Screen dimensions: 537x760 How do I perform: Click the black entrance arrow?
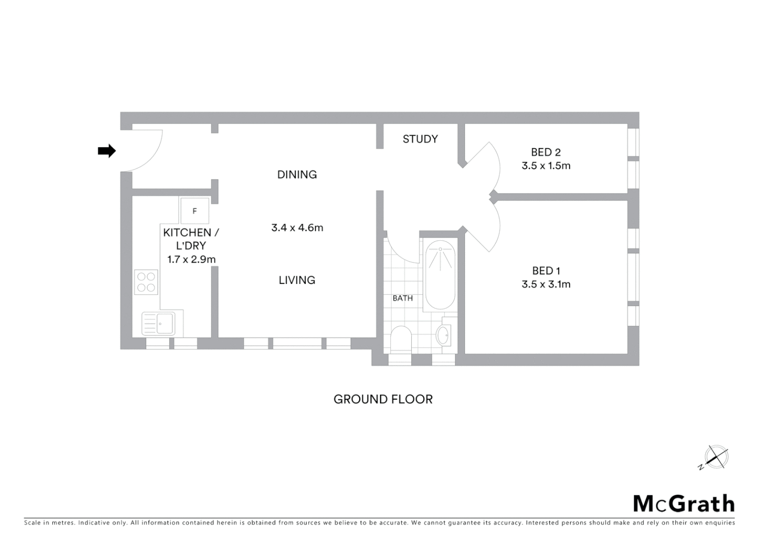106,151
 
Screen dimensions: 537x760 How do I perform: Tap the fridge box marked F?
194,211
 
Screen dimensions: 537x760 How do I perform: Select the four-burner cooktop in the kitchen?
146,282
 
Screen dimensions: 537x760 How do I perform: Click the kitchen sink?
158,323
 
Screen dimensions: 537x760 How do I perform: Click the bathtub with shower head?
440,275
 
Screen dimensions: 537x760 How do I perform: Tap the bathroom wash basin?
443,335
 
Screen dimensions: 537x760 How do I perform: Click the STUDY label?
420,139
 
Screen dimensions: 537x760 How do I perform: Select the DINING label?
297,175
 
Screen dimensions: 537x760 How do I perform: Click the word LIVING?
297,280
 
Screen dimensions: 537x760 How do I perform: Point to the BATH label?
402,298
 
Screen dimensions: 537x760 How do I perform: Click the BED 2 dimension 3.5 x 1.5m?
546,166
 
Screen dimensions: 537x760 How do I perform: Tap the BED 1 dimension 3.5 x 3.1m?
546,284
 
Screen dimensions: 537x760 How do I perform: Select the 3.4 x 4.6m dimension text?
297,228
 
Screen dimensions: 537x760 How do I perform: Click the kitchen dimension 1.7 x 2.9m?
191,259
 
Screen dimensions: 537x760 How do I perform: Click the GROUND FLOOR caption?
383,399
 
